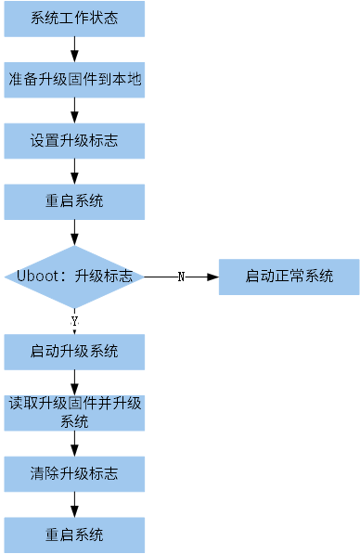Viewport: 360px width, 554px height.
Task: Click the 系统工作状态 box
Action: (74, 19)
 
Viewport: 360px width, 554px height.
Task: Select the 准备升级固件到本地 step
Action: (74, 80)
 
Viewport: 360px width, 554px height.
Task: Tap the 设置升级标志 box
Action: (74, 141)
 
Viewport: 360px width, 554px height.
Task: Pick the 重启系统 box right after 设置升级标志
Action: (74, 201)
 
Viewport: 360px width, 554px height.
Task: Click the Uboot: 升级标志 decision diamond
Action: (74, 277)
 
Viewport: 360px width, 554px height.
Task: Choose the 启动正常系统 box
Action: (289, 277)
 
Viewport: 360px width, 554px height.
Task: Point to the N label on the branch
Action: (181, 277)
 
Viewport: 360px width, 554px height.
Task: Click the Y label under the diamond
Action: (74, 320)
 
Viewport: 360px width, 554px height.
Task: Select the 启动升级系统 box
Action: (74, 352)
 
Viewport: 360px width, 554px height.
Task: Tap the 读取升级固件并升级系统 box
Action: (74, 412)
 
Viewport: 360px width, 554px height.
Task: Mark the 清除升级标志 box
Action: (74, 473)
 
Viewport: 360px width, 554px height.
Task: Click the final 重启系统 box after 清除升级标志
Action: (74, 535)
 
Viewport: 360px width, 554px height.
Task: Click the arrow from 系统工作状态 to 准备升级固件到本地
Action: (74, 49)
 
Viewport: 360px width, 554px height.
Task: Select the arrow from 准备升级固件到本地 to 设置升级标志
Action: (74, 110)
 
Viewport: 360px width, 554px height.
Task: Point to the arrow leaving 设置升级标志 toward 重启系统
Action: (74, 172)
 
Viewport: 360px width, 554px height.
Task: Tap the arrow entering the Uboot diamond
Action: (74, 233)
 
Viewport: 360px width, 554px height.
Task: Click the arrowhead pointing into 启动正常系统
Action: (212, 277)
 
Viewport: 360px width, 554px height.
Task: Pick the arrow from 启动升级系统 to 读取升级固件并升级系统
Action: (74, 381)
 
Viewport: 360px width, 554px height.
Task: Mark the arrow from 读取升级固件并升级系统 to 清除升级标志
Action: (74, 443)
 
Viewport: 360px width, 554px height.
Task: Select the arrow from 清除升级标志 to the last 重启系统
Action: (74, 504)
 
